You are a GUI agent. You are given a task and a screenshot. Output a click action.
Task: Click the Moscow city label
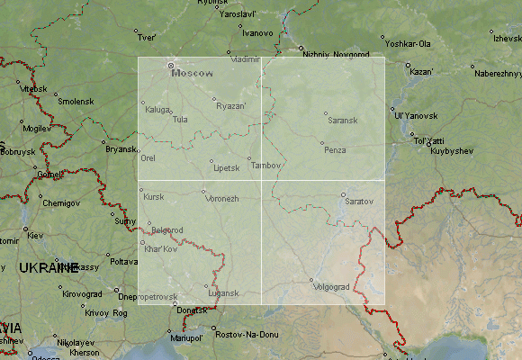tap(193, 73)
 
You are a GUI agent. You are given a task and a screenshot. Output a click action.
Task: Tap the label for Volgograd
tap(330, 287)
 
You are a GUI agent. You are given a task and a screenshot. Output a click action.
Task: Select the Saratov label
tap(358, 201)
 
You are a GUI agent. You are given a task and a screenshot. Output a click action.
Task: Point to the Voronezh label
tap(221, 198)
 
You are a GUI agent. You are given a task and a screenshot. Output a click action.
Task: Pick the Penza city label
tap(335, 149)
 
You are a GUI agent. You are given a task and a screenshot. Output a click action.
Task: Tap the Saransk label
tap(342, 120)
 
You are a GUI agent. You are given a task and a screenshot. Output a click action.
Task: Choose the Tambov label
tap(266, 166)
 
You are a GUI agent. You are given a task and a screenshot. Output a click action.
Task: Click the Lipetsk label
tap(226, 168)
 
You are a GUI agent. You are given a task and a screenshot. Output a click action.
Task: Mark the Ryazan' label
tap(231, 106)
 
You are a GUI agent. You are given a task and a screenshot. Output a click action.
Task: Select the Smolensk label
tap(76, 102)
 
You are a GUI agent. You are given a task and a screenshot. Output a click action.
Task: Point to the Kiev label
tap(35, 236)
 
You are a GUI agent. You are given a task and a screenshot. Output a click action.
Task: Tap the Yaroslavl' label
tap(264, 15)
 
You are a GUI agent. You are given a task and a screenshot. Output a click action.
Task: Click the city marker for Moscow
tap(170, 66)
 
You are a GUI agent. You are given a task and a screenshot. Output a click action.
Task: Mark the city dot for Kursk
tap(141, 190)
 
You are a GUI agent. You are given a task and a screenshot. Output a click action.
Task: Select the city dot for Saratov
tap(343, 194)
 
